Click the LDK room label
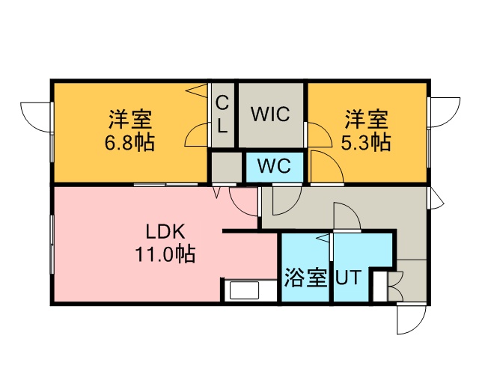(x=165, y=232)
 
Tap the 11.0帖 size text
(x=165, y=254)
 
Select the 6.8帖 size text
(x=129, y=143)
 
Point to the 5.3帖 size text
(x=366, y=143)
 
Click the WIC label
(x=270, y=114)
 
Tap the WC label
(x=274, y=166)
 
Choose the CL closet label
(x=222, y=114)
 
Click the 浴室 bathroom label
(x=306, y=278)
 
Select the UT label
(x=349, y=278)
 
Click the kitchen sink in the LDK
(x=245, y=290)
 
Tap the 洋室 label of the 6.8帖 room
(x=130, y=120)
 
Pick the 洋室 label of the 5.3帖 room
(x=366, y=120)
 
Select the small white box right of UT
(x=379, y=286)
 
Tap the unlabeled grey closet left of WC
(x=227, y=167)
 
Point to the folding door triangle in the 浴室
(x=323, y=238)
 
